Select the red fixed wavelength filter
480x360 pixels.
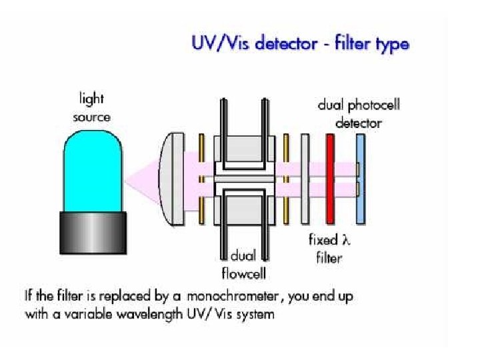pyautogui.click(x=329, y=178)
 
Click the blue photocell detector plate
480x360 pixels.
pyautogui.click(x=361, y=178)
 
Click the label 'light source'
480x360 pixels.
pyautogui.click(x=91, y=108)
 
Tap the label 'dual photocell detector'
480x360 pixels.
pyautogui.click(x=359, y=114)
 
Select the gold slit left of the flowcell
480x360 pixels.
pyautogui.click(x=201, y=178)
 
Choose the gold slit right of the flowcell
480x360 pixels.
pyautogui.click(x=286, y=178)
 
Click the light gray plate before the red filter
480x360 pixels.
pyautogui.click(x=305, y=178)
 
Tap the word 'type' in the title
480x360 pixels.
pyautogui.click(x=389, y=45)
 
